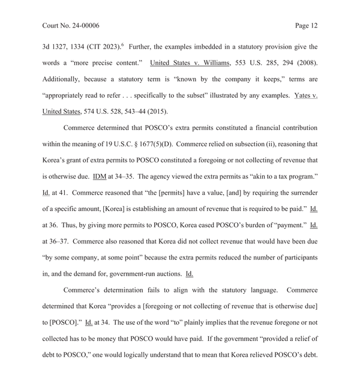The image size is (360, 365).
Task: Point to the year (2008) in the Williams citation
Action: point(305,62)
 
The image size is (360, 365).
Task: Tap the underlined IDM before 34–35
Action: point(82,177)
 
